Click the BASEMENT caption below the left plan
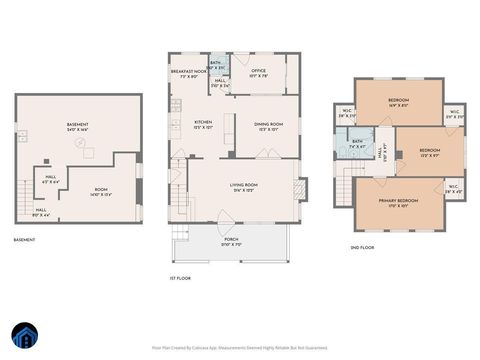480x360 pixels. [24, 240]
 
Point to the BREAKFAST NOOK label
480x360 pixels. [188, 73]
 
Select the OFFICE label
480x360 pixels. [257, 72]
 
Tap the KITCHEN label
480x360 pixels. [203, 124]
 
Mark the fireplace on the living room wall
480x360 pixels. [303, 187]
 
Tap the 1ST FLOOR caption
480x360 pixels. [180, 277]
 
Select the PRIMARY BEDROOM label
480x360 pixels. [398, 202]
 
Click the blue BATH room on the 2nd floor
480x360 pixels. [357, 144]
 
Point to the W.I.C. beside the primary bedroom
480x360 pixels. [454, 188]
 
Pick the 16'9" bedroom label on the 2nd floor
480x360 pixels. [398, 101]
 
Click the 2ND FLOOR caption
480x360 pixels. [361, 247]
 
